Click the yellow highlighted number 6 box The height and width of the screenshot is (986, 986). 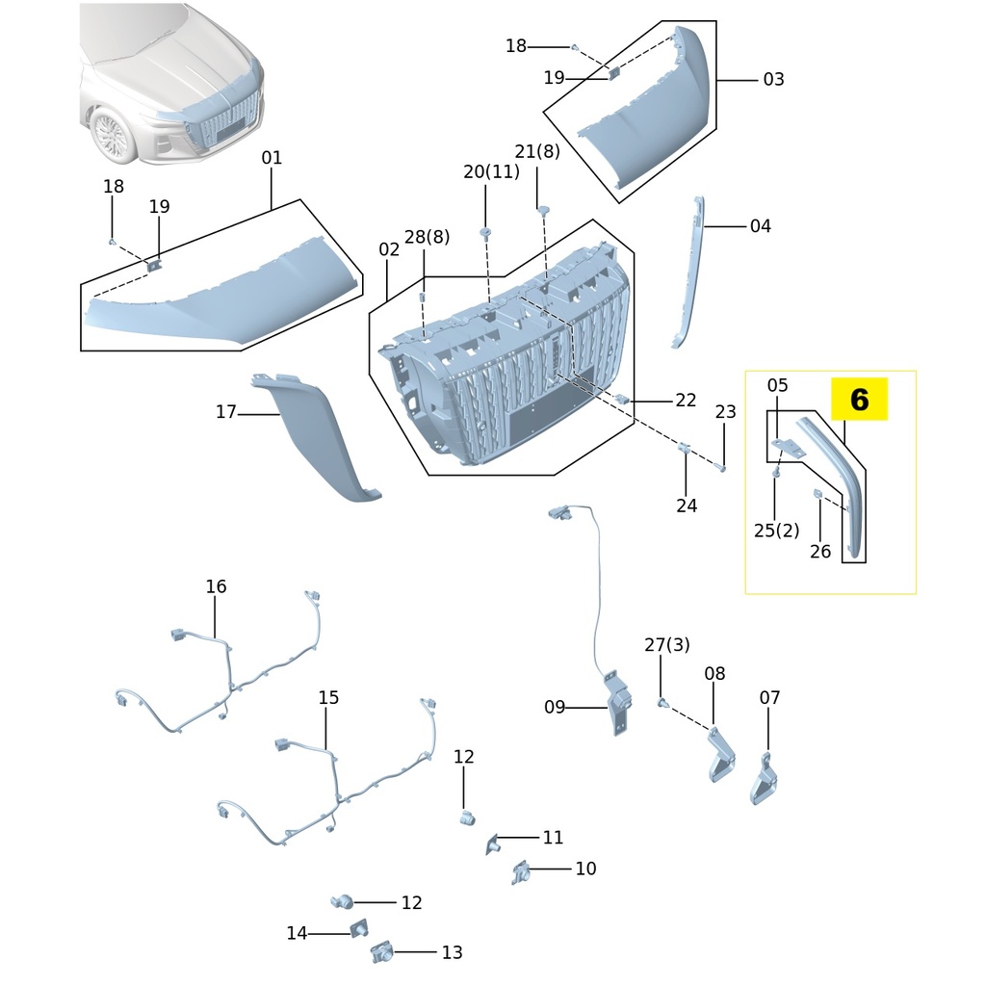[x=859, y=400]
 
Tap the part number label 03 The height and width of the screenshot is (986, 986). [x=773, y=79]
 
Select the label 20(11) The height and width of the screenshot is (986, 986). [x=491, y=171]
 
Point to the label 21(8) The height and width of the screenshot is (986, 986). [x=537, y=151]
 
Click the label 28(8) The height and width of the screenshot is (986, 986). [x=427, y=237]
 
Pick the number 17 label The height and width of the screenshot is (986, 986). [x=225, y=411]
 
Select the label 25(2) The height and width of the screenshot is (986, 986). [x=777, y=531]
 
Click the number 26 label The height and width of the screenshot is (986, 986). [x=820, y=551]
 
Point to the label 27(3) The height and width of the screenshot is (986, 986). [x=666, y=644]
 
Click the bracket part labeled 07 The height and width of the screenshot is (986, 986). [x=763, y=780]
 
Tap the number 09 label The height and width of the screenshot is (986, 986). [x=555, y=707]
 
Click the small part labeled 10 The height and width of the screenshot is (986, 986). [x=521, y=872]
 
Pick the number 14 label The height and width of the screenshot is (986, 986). [x=297, y=933]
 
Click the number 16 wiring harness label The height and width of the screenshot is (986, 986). [x=216, y=586]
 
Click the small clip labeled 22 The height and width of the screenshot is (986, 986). [x=622, y=399]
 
